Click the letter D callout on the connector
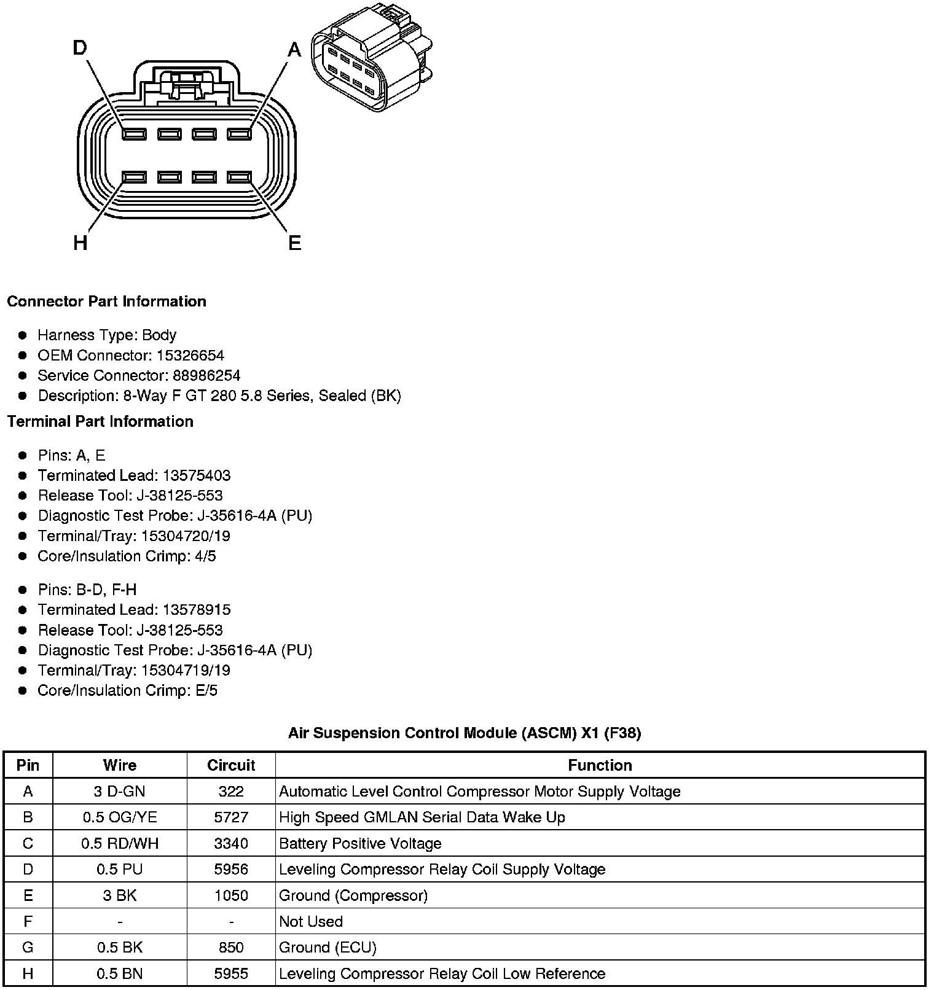[x=80, y=48]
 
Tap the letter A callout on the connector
[x=295, y=49]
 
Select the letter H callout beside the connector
[x=80, y=244]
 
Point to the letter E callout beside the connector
[x=295, y=244]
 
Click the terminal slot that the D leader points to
[x=134, y=134]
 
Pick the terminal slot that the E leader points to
[x=240, y=177]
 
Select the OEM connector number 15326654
[x=190, y=356]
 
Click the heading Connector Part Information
[x=106, y=302]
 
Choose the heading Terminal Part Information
[x=100, y=422]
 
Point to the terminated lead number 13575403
[x=197, y=476]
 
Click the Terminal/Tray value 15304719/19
[x=186, y=671]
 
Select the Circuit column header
[x=231, y=765]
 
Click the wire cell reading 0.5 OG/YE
[x=120, y=817]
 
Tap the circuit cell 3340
[x=231, y=844]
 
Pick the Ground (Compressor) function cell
[x=353, y=896]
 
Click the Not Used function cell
[x=311, y=922]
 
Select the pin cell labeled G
[x=28, y=948]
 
